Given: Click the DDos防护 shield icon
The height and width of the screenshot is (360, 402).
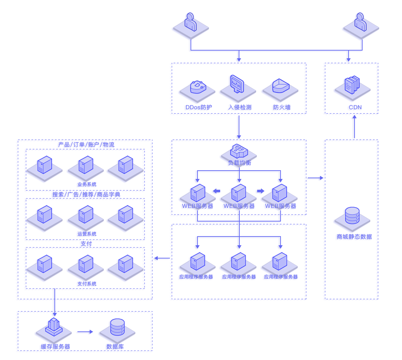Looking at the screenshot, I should pyautogui.click(x=198, y=87).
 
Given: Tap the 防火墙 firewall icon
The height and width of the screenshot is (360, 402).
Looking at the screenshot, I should pyautogui.click(x=280, y=86).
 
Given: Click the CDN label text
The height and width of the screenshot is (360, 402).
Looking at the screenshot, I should pyautogui.click(x=354, y=107).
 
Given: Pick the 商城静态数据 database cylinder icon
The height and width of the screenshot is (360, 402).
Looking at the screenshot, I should pyautogui.click(x=352, y=216).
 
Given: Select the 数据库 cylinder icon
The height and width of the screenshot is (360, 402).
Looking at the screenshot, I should pyautogui.click(x=117, y=327).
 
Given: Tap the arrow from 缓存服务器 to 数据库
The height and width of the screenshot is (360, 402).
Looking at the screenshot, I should pyautogui.click(x=84, y=332).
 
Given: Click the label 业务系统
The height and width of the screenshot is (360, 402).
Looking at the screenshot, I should pyautogui.click(x=87, y=184).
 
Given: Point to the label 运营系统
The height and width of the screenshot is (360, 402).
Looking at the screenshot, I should pyautogui.click(x=87, y=234).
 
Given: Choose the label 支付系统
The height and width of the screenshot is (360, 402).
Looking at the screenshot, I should pyautogui.click(x=87, y=284).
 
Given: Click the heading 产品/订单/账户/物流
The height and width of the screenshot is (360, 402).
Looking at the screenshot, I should pyautogui.click(x=86, y=144).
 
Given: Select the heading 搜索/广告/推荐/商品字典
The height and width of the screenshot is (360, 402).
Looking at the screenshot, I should pyautogui.click(x=86, y=194).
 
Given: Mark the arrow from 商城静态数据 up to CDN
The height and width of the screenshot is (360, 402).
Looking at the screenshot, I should pyautogui.click(x=354, y=127).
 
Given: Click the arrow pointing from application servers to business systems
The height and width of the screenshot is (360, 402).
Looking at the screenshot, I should pyautogui.click(x=161, y=258).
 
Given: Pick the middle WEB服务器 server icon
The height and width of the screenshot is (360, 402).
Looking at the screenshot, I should pyautogui.click(x=239, y=193).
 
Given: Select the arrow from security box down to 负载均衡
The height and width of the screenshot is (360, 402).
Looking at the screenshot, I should pyautogui.click(x=238, y=127).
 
